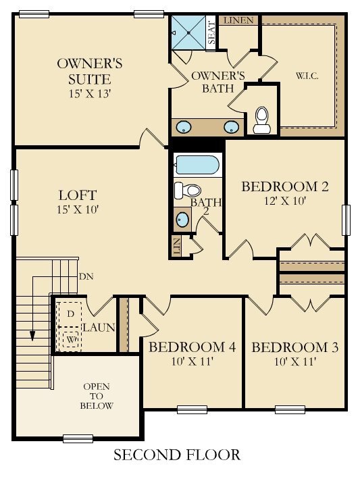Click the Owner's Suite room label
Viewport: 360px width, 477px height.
[x=88, y=72]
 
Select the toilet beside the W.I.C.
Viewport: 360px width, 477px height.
[x=261, y=120]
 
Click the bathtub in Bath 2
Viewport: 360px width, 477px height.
[x=197, y=165]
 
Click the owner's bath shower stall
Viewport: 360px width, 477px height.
[x=188, y=29]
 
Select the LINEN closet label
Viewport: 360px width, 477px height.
[x=238, y=20]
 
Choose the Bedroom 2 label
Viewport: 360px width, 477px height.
[x=284, y=186]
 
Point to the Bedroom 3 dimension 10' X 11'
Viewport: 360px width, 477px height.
[x=294, y=362]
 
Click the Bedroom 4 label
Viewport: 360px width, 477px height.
[x=192, y=347]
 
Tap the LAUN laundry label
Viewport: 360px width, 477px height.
[x=99, y=328]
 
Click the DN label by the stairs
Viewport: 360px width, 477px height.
[x=86, y=276]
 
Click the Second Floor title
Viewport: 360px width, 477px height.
[x=176, y=455]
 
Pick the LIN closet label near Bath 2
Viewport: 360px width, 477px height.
[x=177, y=247]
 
